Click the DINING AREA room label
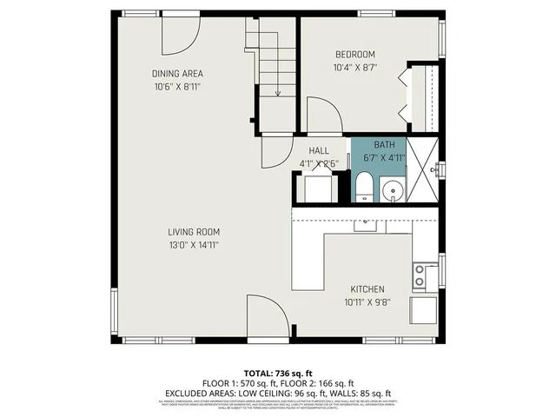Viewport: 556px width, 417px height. click(177, 74)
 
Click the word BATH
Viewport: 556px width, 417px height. click(383, 144)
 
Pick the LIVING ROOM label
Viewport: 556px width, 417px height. click(194, 232)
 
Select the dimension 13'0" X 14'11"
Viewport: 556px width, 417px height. click(194, 245)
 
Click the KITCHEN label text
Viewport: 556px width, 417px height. click(367, 289)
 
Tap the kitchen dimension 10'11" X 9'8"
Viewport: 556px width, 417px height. click(367, 302)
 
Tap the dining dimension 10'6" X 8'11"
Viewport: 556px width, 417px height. click(177, 86)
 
